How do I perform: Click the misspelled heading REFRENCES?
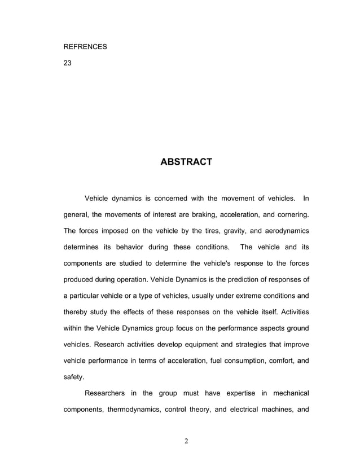[x=85, y=47]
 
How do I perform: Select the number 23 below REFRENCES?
[x=67, y=63]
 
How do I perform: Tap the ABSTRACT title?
[x=186, y=162]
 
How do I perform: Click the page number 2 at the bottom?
[x=186, y=441]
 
